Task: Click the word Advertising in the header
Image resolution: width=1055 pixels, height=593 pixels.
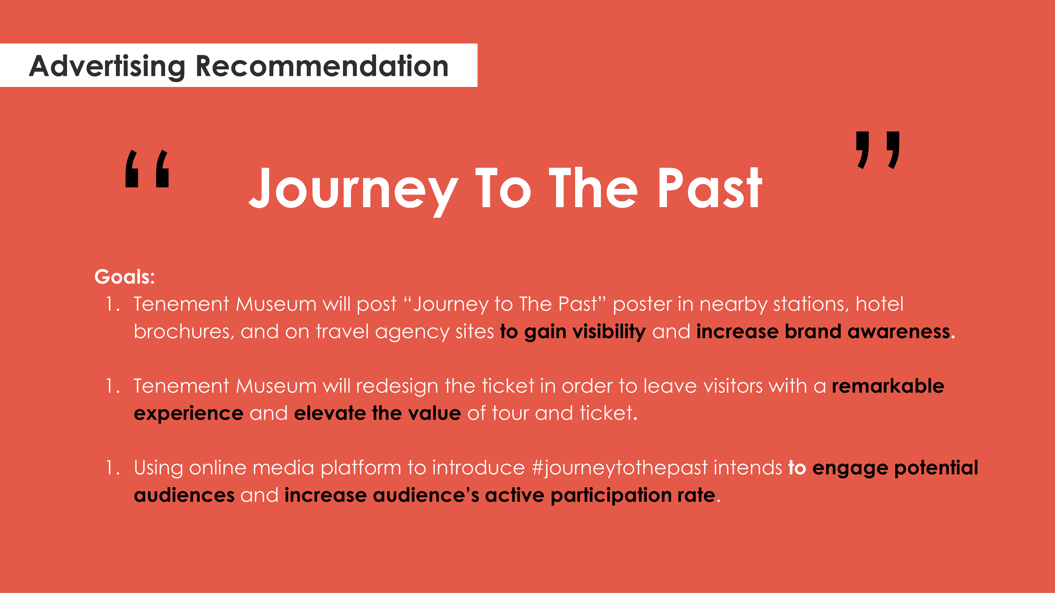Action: pos(107,67)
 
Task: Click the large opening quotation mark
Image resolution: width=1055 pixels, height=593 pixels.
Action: pos(147,169)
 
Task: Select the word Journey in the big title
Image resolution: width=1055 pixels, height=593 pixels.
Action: pos(353,190)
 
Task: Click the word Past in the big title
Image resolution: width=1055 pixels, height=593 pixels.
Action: pos(710,188)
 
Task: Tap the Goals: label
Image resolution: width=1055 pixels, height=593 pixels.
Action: pos(124,277)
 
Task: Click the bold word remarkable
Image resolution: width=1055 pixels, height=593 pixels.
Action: pos(888,386)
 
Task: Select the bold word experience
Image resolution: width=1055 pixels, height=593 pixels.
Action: pos(189,414)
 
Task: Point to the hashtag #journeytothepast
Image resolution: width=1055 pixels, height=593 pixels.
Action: pos(619,468)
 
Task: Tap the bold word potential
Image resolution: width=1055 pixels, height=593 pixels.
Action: pos(936,468)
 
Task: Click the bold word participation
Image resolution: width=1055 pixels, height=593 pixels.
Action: pos(611,495)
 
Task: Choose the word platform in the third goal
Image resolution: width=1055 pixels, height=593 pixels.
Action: pos(361,468)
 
